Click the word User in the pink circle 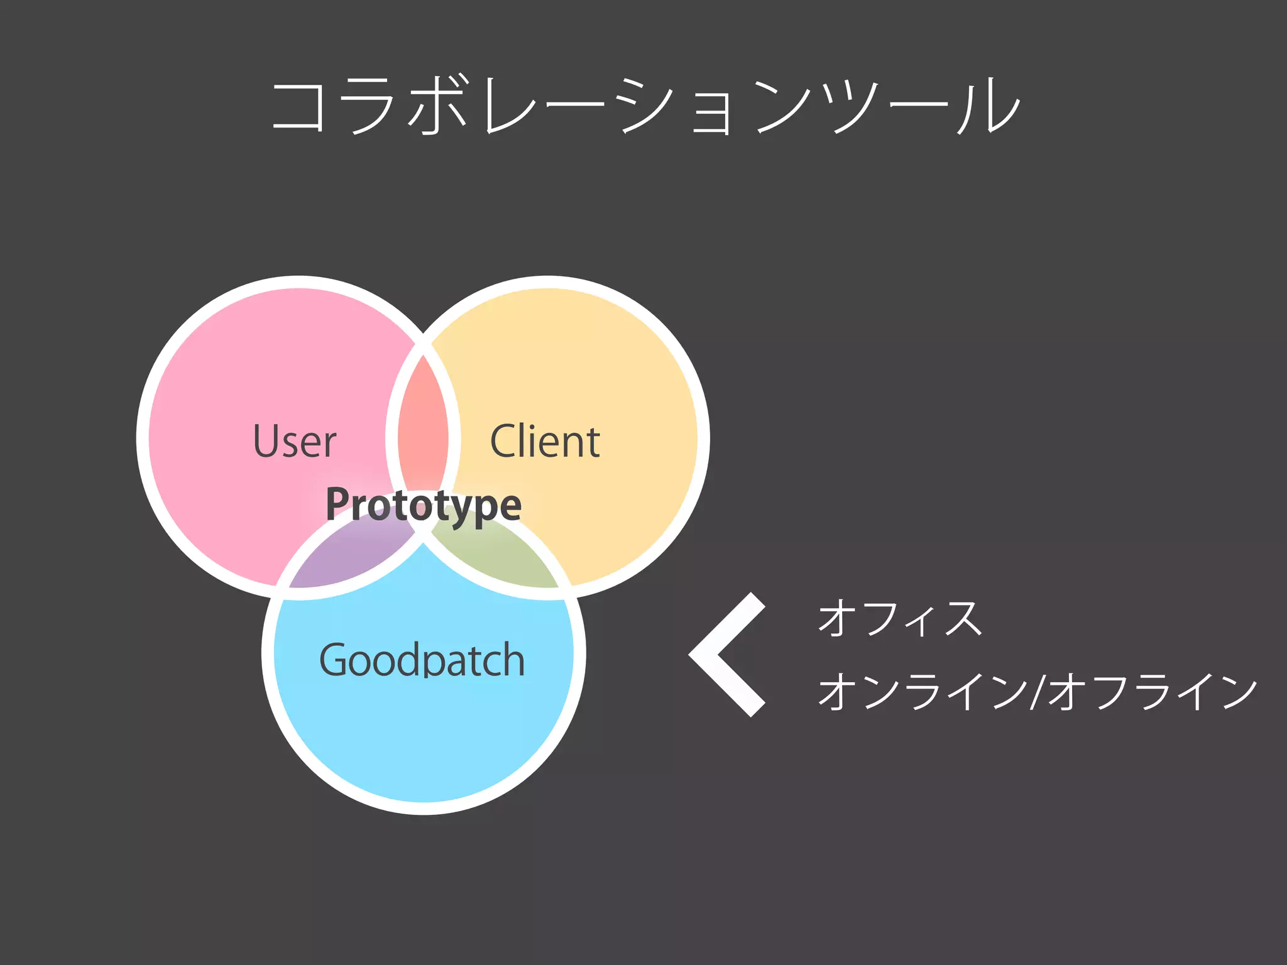pyautogui.click(x=294, y=441)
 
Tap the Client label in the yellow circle pyautogui.click(x=544, y=441)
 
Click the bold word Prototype pyautogui.click(x=423, y=505)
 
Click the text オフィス pyautogui.click(x=899, y=619)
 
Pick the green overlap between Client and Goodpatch pyautogui.click(x=496, y=556)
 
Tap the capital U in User pyautogui.click(x=266, y=441)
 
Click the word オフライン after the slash pyautogui.click(x=1153, y=692)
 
